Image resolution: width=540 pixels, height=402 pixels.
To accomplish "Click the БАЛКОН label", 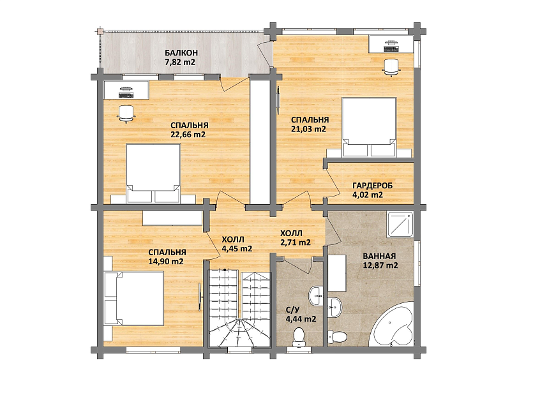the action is tap(181, 53).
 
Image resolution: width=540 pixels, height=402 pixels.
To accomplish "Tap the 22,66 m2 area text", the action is tap(188, 134).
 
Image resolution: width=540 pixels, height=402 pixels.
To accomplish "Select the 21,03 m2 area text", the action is tap(308, 129).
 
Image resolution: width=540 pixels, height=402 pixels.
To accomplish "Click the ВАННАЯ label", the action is tap(379, 257).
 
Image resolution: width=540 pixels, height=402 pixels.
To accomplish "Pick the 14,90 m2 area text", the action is tap(166, 262).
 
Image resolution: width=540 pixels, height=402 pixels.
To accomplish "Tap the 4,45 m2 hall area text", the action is tap(237, 248).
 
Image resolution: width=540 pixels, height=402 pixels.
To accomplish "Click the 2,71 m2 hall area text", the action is tap(296, 242).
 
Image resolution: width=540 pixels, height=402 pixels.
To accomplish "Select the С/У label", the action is tap(293, 309).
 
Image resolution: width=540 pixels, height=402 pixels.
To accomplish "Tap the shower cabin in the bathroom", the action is tap(400, 225).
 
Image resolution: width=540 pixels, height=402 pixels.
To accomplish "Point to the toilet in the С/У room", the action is tap(298, 337).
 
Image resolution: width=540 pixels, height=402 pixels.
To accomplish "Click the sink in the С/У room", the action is tap(316, 296).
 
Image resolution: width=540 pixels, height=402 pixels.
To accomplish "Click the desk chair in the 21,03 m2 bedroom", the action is tap(391, 66).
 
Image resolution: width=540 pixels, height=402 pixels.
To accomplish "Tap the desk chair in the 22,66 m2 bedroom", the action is tap(126, 114).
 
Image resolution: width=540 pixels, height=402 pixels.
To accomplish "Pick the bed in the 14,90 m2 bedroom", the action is tap(134, 299).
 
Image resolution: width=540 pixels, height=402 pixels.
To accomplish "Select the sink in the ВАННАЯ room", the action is tap(334, 307).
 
